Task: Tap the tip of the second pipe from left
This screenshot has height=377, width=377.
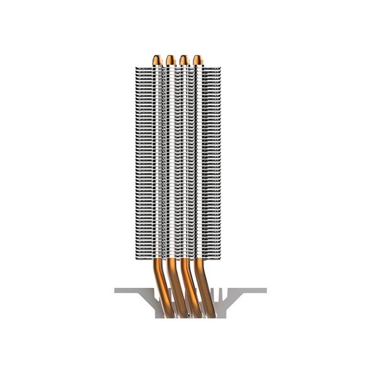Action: [170, 59]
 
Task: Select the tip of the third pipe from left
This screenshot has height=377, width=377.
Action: [184, 59]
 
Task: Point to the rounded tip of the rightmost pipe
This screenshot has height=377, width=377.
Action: [198, 59]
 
